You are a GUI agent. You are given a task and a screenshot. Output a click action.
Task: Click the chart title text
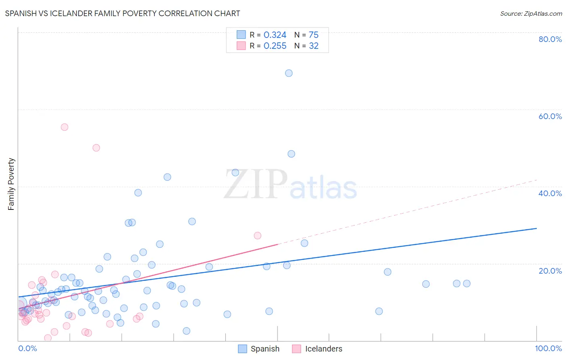tap(123, 13)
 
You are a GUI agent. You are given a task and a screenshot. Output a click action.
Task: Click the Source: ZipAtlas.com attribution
tap(531, 13)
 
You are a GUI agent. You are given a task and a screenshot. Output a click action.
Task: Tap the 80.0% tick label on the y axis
tap(550, 39)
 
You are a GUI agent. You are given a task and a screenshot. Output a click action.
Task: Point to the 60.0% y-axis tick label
tap(550, 116)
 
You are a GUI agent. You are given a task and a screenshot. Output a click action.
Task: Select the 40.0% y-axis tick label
tap(550, 193)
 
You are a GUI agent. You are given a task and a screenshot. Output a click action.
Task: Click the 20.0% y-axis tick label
tap(550, 271)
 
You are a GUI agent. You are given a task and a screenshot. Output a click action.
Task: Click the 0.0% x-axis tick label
tap(27, 348)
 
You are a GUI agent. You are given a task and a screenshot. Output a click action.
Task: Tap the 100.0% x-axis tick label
tap(548, 348)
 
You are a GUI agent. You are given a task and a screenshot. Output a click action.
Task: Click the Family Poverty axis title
tap(11, 184)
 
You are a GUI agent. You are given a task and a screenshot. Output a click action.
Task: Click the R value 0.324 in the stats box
tap(275, 35)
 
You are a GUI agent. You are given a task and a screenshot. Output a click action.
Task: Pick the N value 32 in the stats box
tap(314, 46)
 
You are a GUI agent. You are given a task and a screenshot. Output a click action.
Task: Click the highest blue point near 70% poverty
tap(289, 73)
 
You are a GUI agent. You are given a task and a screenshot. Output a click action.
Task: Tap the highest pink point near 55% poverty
tap(65, 127)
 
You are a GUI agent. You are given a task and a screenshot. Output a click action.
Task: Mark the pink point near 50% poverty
tap(96, 148)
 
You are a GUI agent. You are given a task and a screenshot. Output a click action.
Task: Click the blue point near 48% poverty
tap(291, 154)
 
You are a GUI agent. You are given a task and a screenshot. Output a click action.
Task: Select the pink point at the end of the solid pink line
tap(258, 236)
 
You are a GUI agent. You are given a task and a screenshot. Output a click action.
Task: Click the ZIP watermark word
tap(256, 185)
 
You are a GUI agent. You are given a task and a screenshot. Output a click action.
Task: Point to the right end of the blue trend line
tap(536, 228)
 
